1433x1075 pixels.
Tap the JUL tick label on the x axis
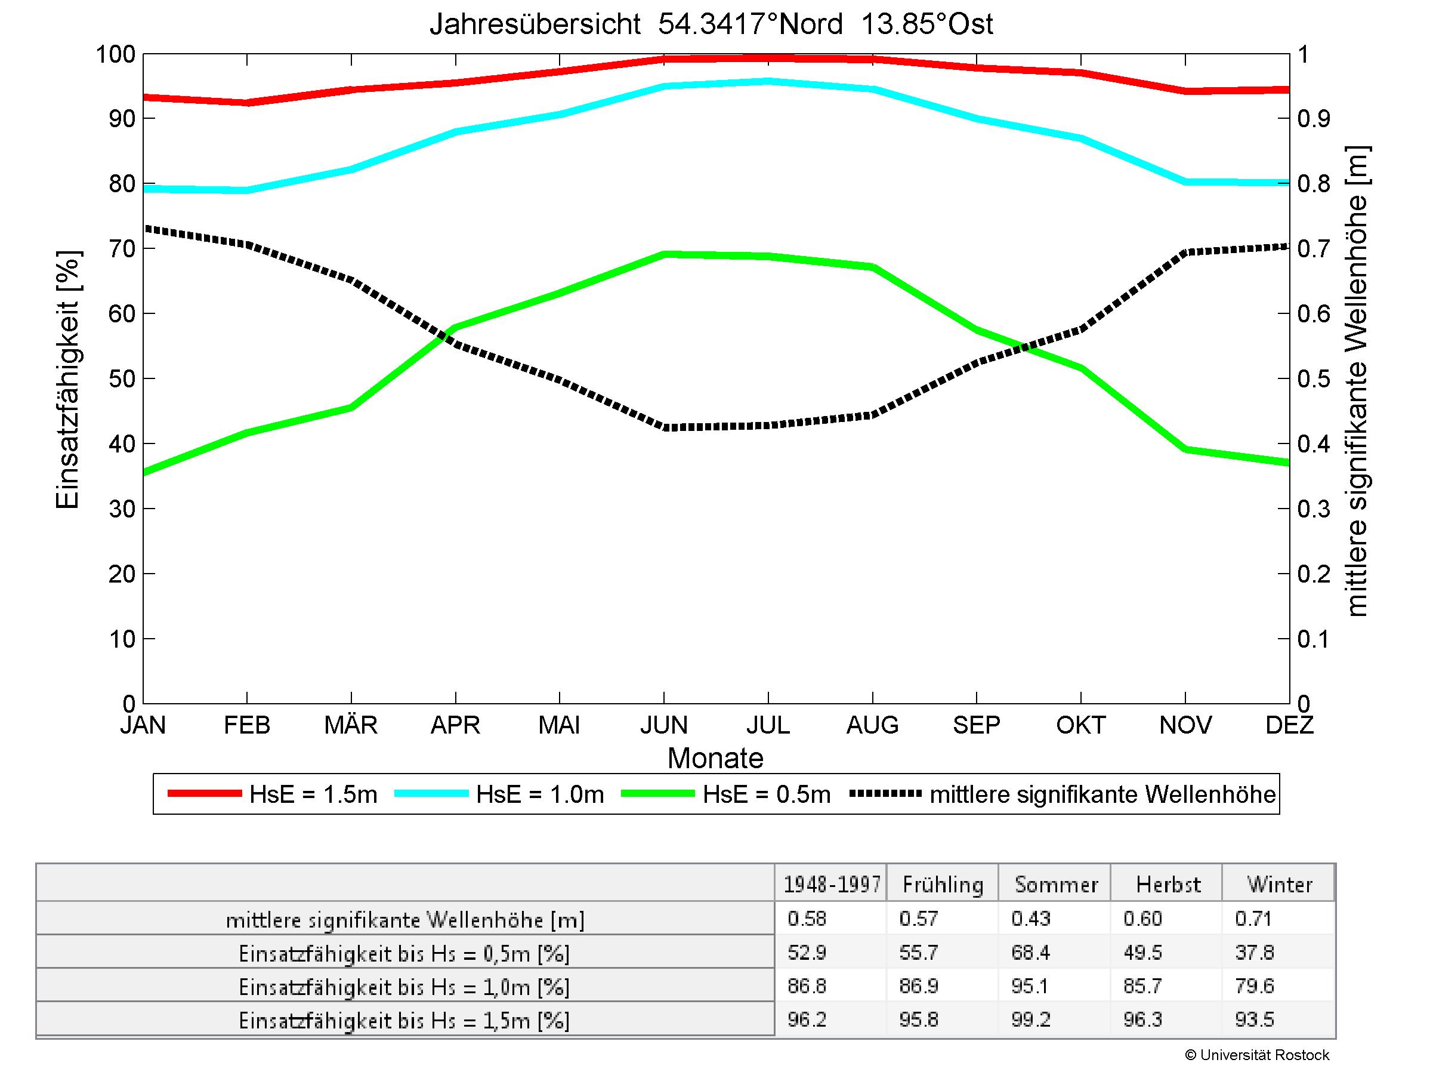(x=768, y=725)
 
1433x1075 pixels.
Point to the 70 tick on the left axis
(x=122, y=249)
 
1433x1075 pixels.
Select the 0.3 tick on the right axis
(x=1313, y=509)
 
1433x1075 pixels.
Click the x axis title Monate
(x=715, y=758)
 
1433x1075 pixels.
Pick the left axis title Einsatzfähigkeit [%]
(x=67, y=379)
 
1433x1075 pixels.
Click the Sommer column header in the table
(x=1056, y=885)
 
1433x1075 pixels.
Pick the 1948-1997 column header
(x=832, y=885)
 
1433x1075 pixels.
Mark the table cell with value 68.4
(x=1031, y=953)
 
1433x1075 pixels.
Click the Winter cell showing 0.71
(x=1253, y=919)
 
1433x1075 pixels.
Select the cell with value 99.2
(x=1031, y=1020)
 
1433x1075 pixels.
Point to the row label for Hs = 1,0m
(x=404, y=987)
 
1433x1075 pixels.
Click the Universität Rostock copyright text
(x=1257, y=1055)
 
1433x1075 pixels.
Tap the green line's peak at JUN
(x=664, y=254)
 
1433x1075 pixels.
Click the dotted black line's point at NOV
(x=1185, y=252)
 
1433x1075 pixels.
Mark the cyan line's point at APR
(x=456, y=131)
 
